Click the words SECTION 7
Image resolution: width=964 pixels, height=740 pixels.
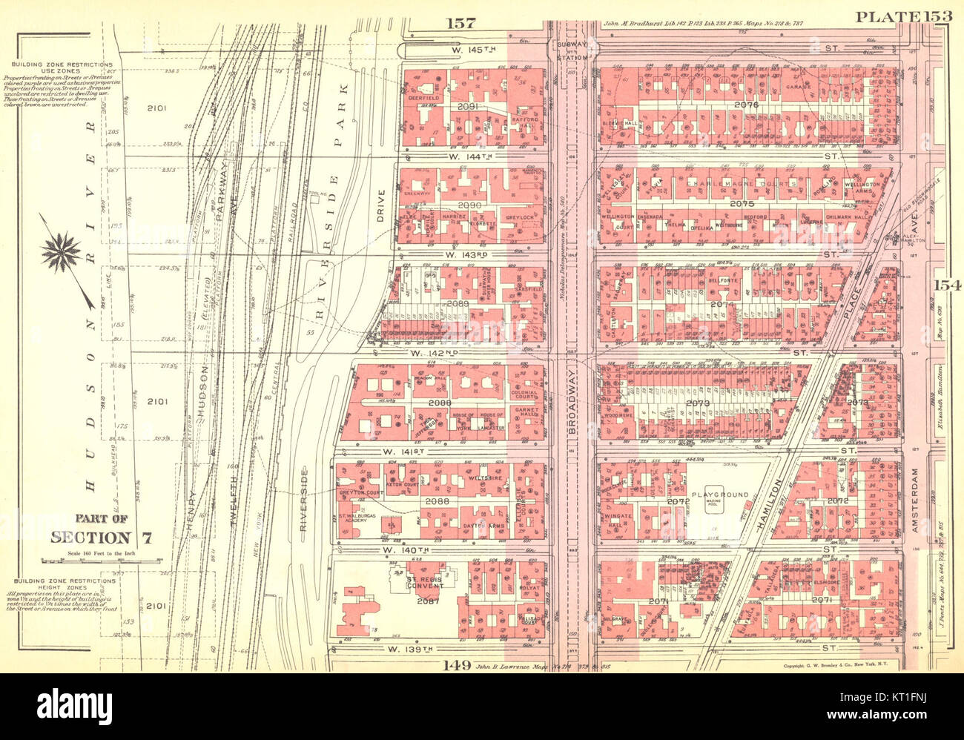point(102,538)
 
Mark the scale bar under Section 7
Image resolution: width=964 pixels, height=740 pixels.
point(103,560)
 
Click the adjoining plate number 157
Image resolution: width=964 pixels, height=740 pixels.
point(460,24)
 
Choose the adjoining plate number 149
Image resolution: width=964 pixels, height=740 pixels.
point(458,664)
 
